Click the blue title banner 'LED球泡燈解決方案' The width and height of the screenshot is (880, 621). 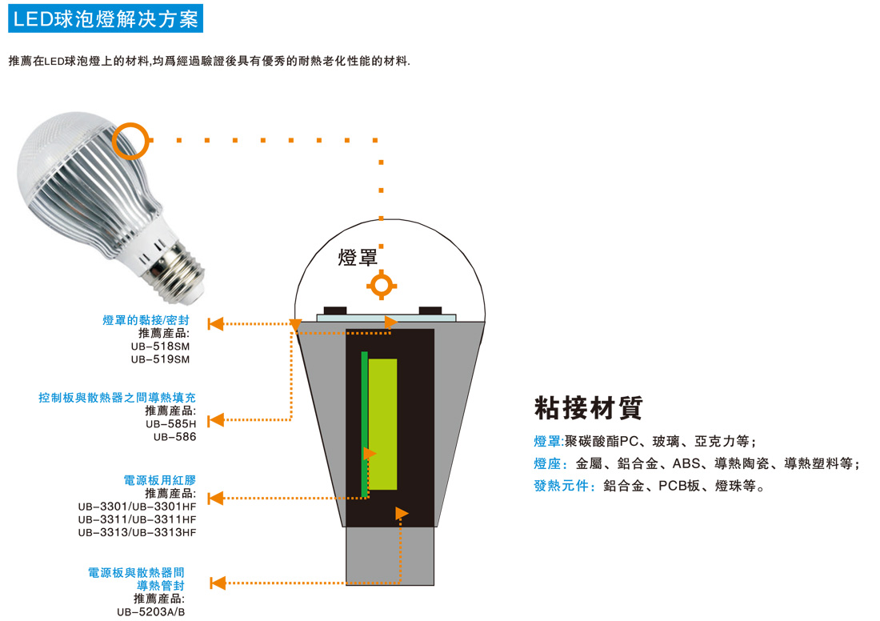click(x=106, y=18)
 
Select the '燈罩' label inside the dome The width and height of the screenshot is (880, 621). click(x=358, y=258)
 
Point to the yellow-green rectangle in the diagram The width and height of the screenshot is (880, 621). click(x=382, y=424)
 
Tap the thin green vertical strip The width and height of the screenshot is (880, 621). click(x=364, y=424)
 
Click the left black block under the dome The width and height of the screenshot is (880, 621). click(x=335, y=310)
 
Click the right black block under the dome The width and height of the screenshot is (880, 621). click(x=430, y=310)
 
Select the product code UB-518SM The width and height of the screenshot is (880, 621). click(x=161, y=347)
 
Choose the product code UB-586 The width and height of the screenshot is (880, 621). click(x=174, y=437)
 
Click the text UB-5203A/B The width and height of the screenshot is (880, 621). click(x=151, y=612)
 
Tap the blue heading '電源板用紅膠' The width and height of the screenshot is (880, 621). click(x=160, y=480)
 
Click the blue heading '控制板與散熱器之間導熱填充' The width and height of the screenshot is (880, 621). click(x=118, y=398)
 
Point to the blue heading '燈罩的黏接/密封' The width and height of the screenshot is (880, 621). click(x=146, y=320)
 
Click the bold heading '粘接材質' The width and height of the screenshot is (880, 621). click(x=588, y=407)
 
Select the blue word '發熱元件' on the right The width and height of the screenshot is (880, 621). click(x=562, y=486)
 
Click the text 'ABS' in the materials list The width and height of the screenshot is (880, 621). click(x=686, y=464)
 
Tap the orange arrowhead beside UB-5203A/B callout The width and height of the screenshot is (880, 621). click(x=218, y=583)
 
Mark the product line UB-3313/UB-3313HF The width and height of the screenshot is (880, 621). click(x=138, y=532)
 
